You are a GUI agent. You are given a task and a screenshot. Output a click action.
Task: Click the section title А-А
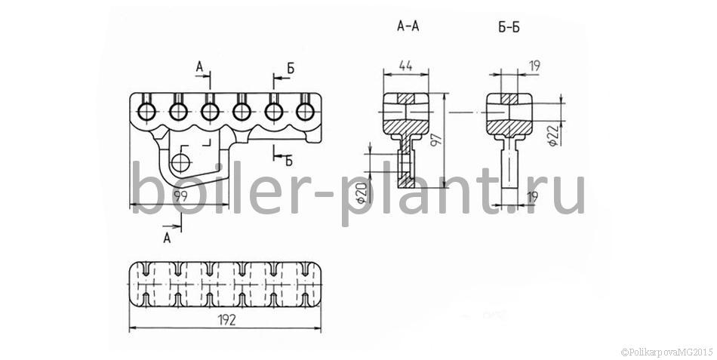click(x=408, y=26)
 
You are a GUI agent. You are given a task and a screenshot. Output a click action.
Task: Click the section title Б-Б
click(x=509, y=27)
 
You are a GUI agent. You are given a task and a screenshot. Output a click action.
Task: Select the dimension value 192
click(x=226, y=320)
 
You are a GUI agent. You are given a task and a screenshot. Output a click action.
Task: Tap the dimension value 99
click(x=183, y=196)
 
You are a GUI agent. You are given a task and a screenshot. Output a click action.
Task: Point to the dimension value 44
click(x=405, y=66)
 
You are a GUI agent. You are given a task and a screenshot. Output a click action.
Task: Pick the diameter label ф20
click(x=362, y=194)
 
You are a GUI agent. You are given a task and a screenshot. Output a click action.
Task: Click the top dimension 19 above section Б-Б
click(x=534, y=66)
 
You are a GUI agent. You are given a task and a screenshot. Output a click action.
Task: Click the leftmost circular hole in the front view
click(x=146, y=111)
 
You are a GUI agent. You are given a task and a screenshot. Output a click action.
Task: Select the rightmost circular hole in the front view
click(x=305, y=111)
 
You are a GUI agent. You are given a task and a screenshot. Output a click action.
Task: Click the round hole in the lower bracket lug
click(x=181, y=162)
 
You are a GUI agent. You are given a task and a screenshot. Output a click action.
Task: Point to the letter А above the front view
click(x=199, y=67)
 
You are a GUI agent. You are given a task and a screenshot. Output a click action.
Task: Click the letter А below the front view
click(x=168, y=238)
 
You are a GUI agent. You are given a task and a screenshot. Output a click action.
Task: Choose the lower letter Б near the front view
click(x=288, y=160)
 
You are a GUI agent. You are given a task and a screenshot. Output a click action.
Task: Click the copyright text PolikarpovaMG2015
click(x=667, y=352)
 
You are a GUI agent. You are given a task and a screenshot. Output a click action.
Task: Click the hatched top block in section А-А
click(x=405, y=98)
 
